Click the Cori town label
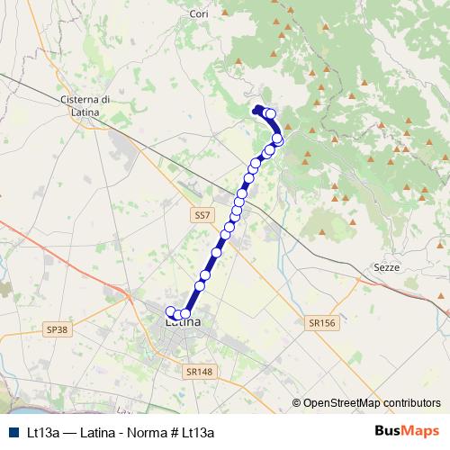[199, 13]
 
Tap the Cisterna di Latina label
[84, 104]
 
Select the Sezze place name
[385, 268]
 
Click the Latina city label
[184, 321]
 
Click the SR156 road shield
[320, 321]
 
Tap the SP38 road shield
[56, 330]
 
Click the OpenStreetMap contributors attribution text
[372, 403]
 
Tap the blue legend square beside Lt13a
[10, 432]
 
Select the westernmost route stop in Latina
[170, 311]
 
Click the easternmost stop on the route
[279, 139]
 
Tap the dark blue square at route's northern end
[258, 110]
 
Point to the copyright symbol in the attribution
[297, 403]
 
